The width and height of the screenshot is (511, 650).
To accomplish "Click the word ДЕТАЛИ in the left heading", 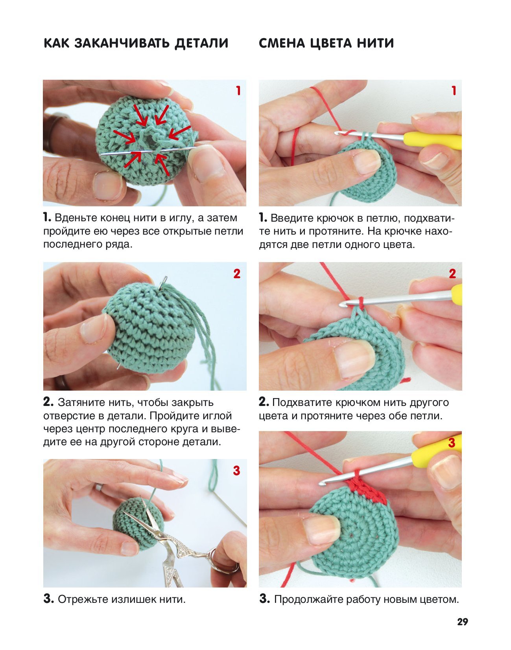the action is [x=201, y=43].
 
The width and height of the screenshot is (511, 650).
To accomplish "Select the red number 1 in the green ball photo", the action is [x=238, y=91].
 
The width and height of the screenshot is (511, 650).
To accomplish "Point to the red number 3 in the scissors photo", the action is [x=237, y=471].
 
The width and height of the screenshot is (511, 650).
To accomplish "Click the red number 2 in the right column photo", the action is [x=452, y=274].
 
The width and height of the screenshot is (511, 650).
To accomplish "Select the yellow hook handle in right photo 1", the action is [x=433, y=141].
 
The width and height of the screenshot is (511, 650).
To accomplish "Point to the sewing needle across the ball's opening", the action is [x=148, y=151].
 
